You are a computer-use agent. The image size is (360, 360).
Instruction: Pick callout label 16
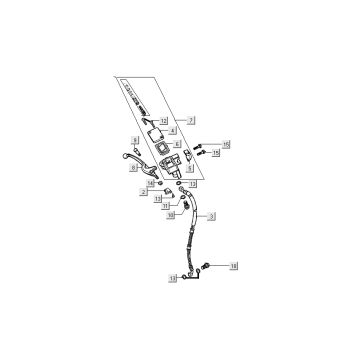(227, 144)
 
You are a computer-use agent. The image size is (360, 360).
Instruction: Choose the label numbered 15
(215, 153)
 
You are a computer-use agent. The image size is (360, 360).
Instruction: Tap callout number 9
(135, 140)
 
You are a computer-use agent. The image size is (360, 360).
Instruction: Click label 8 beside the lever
(134, 170)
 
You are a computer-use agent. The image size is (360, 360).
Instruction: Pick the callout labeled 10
(171, 214)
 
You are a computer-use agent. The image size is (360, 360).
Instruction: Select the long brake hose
(194, 240)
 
